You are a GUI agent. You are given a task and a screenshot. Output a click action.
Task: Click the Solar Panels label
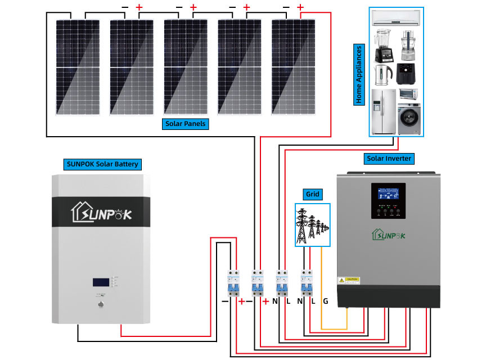185,124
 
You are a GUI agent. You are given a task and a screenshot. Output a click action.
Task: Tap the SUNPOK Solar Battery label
101,164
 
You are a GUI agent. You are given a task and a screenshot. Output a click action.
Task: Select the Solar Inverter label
389,158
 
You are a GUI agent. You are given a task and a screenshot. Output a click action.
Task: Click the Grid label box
313,195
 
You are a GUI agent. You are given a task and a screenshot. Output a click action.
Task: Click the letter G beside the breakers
325,301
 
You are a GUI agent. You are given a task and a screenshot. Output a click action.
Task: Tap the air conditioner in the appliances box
397,19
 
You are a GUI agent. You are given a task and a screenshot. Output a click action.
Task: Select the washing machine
409,119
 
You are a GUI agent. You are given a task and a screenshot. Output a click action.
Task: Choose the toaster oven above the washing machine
409,94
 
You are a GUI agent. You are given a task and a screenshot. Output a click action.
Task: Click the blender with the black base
382,46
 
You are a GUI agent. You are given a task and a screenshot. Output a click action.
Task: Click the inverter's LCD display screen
388,194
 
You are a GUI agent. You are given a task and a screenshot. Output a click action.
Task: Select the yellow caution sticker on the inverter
349,280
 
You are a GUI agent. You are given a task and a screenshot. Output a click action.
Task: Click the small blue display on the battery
101,281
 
